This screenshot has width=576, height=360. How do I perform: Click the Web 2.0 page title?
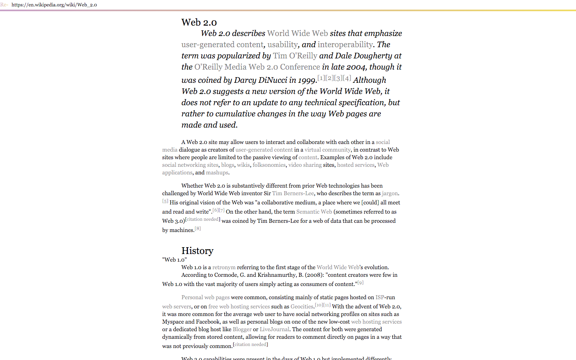[x=199, y=22]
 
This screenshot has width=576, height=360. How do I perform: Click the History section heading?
[x=197, y=251]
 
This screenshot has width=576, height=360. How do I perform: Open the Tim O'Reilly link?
[x=295, y=56]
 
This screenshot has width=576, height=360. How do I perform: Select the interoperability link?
[x=345, y=44]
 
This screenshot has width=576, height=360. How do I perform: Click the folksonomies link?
[x=269, y=165]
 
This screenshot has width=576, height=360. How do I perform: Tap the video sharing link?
[x=305, y=165]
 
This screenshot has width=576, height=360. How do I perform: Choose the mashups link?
[x=217, y=172]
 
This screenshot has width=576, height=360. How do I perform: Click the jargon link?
[x=390, y=193]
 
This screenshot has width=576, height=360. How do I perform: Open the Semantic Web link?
[x=314, y=212]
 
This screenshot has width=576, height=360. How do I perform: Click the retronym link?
[x=224, y=267]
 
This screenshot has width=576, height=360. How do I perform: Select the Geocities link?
[x=302, y=306]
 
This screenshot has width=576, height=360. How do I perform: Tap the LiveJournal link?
[x=274, y=329]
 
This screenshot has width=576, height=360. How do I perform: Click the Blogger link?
[x=242, y=329]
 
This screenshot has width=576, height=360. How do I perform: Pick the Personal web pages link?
[x=205, y=297]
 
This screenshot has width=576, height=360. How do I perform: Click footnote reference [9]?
[x=360, y=282]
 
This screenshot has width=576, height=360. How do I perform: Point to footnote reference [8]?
[x=198, y=228]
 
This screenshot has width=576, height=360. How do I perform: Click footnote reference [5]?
[x=165, y=201]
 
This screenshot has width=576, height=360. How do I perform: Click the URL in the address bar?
[x=54, y=5]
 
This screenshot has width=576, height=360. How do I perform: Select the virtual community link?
[x=327, y=150]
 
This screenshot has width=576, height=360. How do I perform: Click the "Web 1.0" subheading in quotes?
[x=174, y=260]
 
